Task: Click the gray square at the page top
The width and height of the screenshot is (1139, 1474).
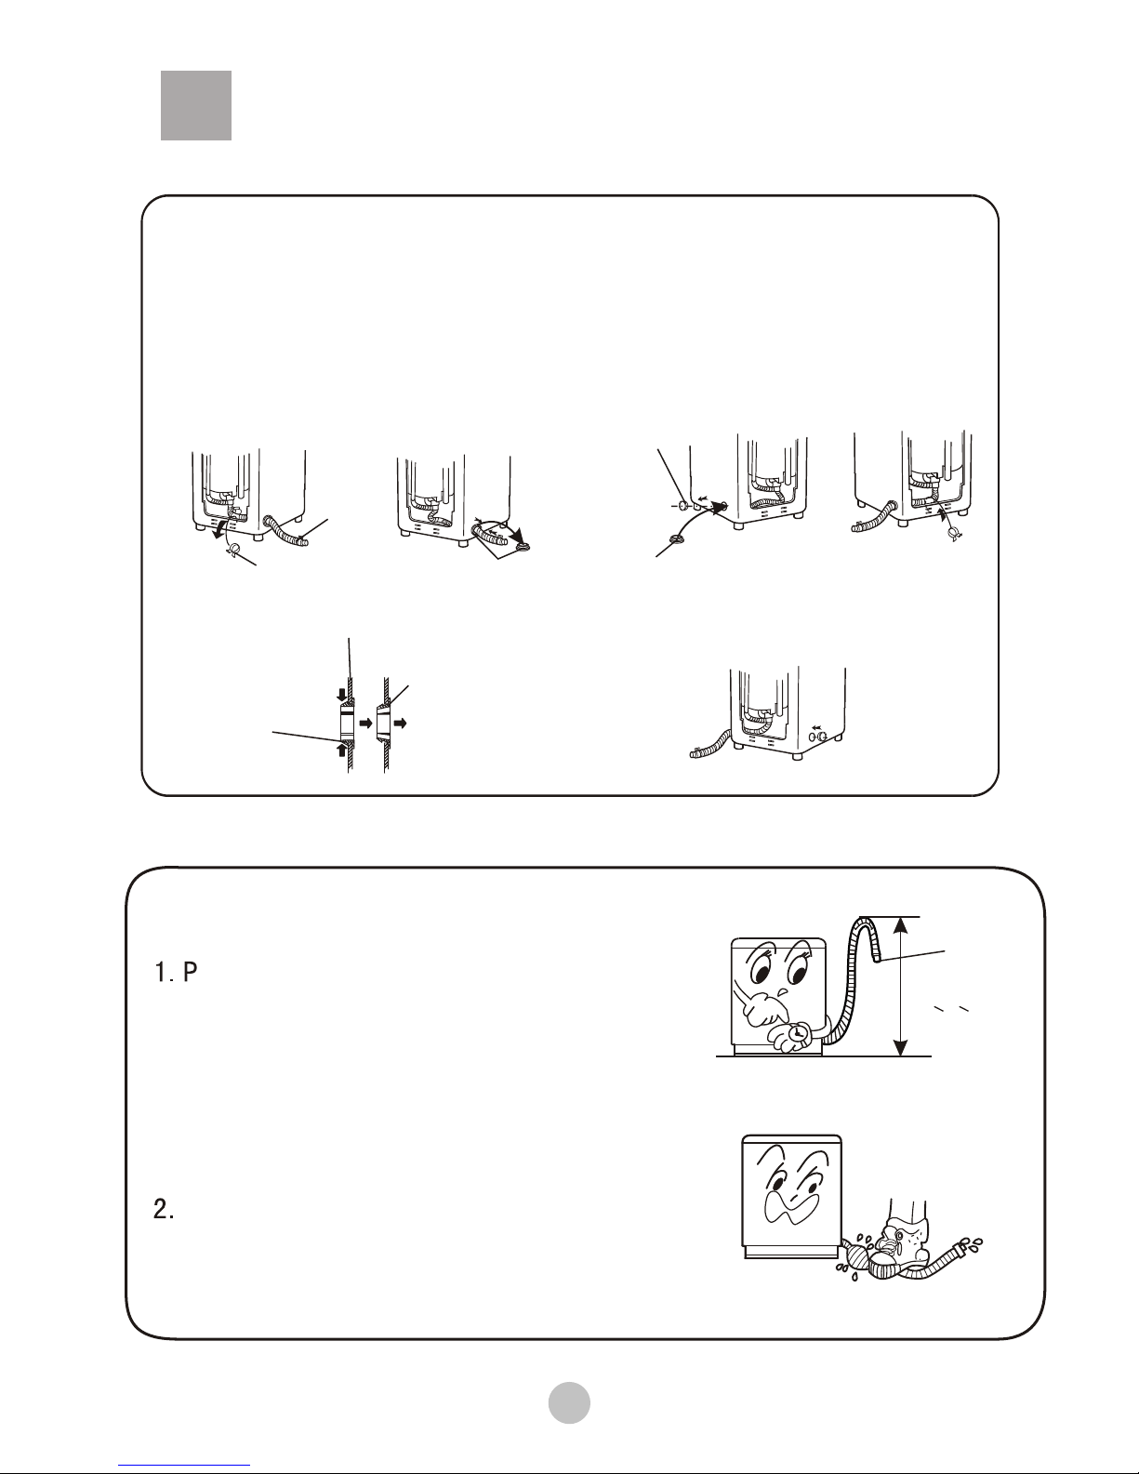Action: (196, 105)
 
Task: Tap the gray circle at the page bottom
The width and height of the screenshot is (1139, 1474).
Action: (569, 1402)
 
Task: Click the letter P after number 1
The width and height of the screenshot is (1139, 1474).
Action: (190, 972)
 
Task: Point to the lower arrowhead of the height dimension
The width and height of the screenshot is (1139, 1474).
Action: (900, 1046)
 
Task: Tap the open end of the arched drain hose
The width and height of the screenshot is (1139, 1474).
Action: (879, 959)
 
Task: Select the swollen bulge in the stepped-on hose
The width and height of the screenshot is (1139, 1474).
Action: (856, 1250)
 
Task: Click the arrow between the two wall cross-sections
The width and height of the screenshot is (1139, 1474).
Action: (366, 724)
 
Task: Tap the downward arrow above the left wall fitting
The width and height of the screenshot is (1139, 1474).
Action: (341, 697)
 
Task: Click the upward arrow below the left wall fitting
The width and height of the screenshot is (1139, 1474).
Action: (341, 750)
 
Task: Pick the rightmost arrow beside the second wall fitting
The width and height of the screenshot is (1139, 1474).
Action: (400, 724)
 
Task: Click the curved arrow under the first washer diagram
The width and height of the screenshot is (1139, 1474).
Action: (219, 530)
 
